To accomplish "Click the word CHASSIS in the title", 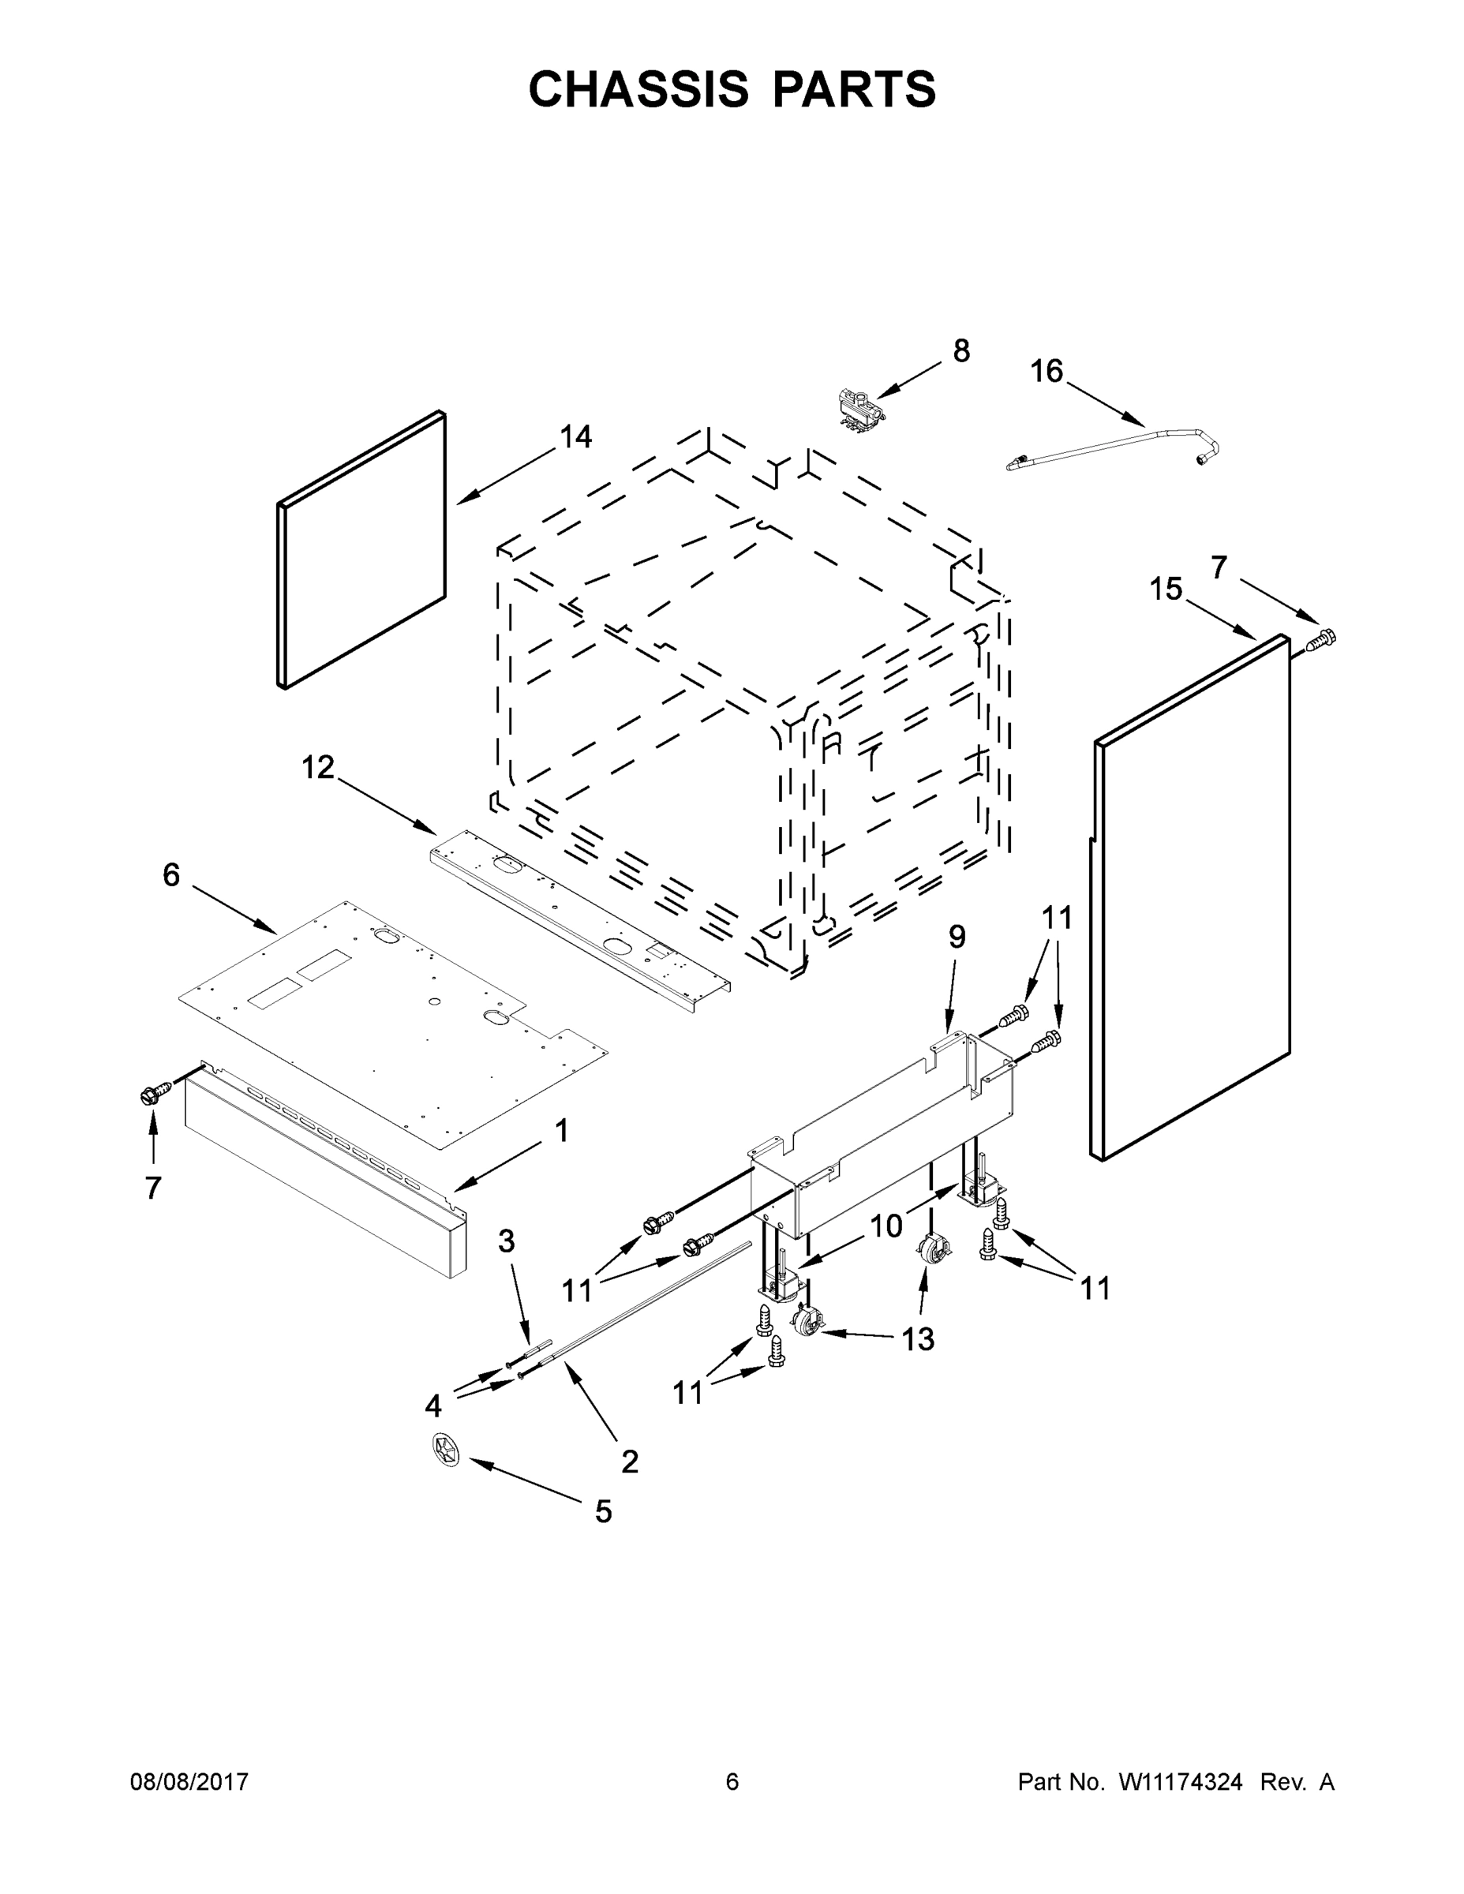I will tap(638, 89).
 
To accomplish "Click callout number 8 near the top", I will tap(961, 351).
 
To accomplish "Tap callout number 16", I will tap(1046, 371).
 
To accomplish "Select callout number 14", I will tap(576, 437).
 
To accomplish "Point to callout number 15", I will tap(1166, 589).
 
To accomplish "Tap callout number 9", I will tap(957, 937).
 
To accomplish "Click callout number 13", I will tap(918, 1340).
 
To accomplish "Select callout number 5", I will tap(604, 1511).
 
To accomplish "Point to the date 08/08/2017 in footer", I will tap(189, 1782).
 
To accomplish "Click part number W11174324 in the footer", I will tap(1181, 1782).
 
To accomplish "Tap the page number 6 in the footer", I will tap(732, 1782).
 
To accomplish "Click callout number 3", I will tap(507, 1241).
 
